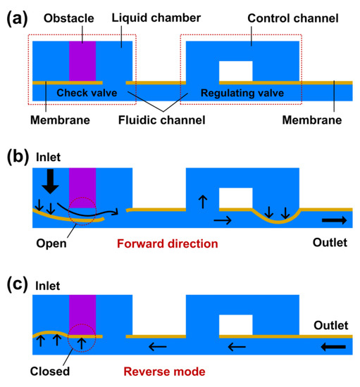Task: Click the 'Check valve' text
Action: coord(80,92)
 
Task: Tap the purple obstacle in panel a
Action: coord(82,61)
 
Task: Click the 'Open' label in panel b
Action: coord(49,243)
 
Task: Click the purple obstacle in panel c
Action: coord(82,313)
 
